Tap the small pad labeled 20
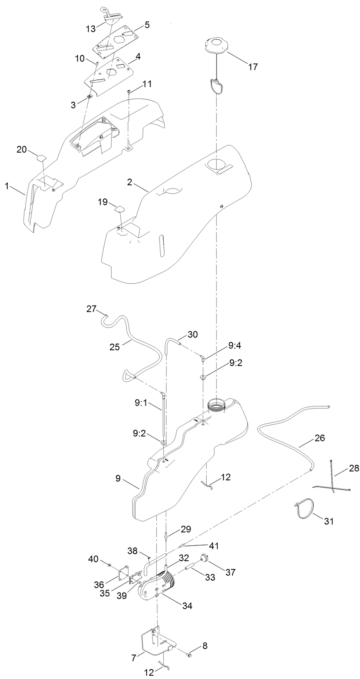click(x=41, y=157)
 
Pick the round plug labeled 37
click(x=203, y=559)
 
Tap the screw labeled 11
click(x=129, y=92)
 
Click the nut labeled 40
click(x=110, y=564)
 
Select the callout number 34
click(x=188, y=606)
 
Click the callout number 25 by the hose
click(x=115, y=347)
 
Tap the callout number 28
click(x=354, y=468)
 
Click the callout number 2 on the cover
click(x=130, y=182)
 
